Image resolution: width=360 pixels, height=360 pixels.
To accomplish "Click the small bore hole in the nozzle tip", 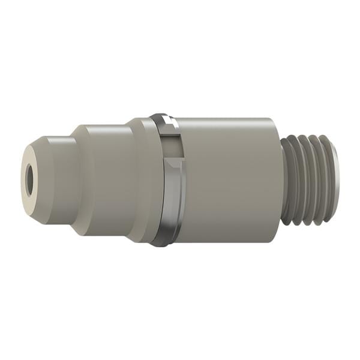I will pyautogui.click(x=31, y=178).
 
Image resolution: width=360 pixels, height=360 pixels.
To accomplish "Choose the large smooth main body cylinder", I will pyautogui.click(x=228, y=180).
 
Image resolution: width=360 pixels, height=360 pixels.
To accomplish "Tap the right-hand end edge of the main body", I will pyautogui.click(x=281, y=180).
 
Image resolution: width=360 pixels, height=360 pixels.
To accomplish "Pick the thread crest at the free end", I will pyautogui.click(x=327, y=180).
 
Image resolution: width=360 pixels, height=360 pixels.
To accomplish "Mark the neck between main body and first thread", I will pyautogui.click(x=284, y=180).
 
